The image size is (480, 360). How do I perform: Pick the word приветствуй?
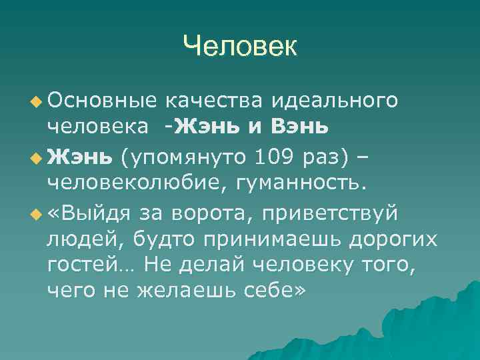331,215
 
